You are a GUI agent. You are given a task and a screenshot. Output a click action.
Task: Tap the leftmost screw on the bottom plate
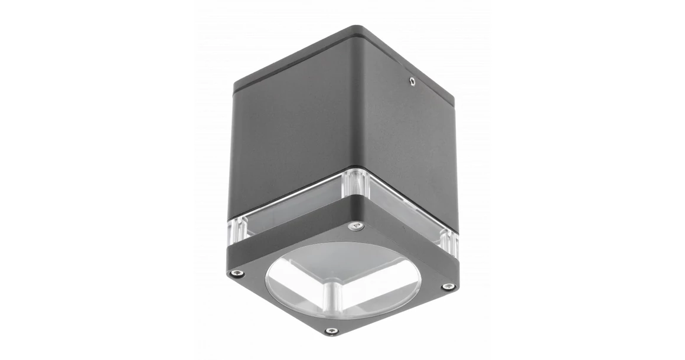click(237, 273)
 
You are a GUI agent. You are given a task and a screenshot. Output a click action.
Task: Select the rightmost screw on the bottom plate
click(448, 287)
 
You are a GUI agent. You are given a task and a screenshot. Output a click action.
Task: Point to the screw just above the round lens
click(355, 226)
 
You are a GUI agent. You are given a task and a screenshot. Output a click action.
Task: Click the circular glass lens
click(342, 277)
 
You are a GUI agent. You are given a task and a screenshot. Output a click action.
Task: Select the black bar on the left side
click(35, 180)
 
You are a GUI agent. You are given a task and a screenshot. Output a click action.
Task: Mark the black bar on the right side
click(650, 180)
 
